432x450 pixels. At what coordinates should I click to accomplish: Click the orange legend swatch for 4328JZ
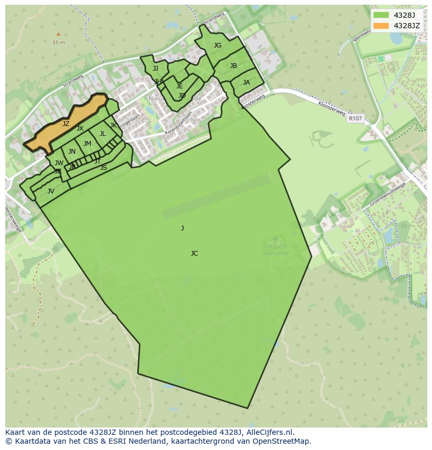[x=381, y=26]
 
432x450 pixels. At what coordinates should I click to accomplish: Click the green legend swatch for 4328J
[x=381, y=15]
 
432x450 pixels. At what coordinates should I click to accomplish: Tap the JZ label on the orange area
[x=66, y=124]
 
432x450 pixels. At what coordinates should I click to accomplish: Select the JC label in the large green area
[x=194, y=253]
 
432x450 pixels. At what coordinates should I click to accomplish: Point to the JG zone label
[x=218, y=45]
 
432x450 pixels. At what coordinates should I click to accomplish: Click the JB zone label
[x=233, y=66]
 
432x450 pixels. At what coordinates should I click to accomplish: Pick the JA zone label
[x=246, y=83]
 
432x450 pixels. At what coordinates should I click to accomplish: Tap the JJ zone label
[x=155, y=68]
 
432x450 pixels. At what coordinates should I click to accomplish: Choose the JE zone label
[x=179, y=86]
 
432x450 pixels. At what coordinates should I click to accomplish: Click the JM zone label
[x=87, y=144]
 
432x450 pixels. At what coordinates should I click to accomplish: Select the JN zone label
[x=72, y=152]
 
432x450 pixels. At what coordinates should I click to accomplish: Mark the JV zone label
[x=51, y=191]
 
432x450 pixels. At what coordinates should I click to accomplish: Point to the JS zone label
[x=103, y=168]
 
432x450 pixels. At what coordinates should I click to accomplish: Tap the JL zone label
[x=103, y=134]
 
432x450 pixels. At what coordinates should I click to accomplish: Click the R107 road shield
[x=355, y=119]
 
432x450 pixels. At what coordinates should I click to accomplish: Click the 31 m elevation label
[x=58, y=42]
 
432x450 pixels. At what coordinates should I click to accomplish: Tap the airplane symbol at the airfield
[x=275, y=240]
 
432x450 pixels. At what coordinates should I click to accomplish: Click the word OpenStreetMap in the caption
[x=282, y=441]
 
